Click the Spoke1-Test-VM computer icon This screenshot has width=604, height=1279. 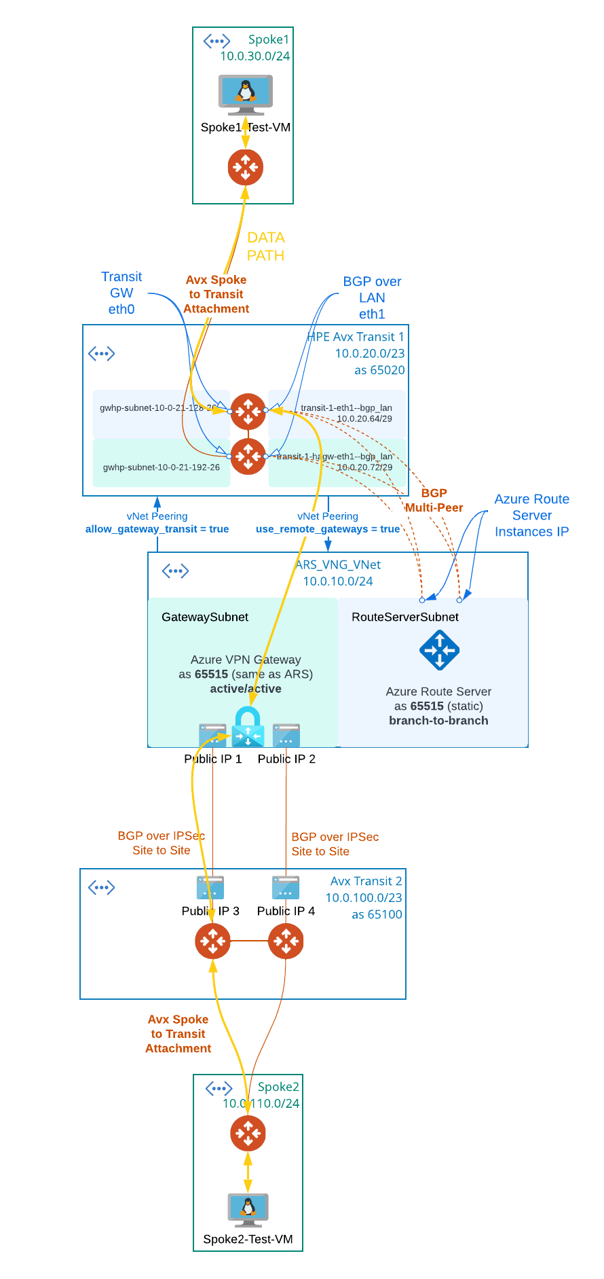point(246,94)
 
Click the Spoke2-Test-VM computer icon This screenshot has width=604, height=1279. point(248,1210)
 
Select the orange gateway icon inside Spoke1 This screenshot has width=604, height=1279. point(245,167)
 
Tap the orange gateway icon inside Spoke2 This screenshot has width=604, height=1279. point(248,1133)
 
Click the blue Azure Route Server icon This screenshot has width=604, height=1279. point(439,650)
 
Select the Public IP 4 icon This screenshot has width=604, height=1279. point(286,888)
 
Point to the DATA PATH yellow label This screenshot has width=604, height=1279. point(265,247)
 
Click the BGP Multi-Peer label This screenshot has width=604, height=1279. point(434,501)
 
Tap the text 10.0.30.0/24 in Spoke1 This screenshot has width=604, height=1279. point(254,56)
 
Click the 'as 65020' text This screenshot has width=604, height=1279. point(379,370)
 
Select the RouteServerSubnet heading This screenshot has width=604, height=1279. point(404,617)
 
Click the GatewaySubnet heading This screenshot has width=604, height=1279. point(205,617)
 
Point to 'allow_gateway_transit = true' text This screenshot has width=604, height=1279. point(157,529)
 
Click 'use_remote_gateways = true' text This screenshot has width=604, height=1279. point(327,529)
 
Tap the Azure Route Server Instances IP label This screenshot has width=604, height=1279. point(531,516)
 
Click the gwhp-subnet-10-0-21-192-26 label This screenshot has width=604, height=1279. point(161,467)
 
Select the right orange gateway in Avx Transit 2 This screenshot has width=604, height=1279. point(286,941)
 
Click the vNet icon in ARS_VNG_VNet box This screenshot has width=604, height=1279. point(175,571)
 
